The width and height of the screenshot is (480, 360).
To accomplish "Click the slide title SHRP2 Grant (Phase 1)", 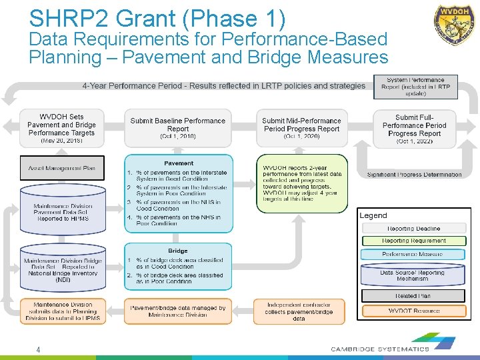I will [157, 18].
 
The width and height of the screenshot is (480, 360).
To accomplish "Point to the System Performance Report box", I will [415, 87].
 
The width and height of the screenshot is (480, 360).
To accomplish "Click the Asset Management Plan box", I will [61, 168].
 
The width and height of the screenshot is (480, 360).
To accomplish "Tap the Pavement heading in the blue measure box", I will [179, 163].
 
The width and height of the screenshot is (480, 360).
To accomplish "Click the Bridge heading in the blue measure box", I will [178, 251].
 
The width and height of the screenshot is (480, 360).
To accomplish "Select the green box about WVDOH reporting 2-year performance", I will [301, 183].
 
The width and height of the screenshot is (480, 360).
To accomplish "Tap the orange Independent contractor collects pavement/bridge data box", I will [299, 311].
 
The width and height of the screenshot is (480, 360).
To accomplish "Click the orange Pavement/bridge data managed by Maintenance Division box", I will [178, 311].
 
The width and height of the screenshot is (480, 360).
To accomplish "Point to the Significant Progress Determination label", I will [414, 175].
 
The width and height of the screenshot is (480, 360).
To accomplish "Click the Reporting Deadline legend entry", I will [413, 229].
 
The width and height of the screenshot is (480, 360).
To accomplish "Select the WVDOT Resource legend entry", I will [413, 311].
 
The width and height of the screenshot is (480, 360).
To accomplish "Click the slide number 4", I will [39, 349].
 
